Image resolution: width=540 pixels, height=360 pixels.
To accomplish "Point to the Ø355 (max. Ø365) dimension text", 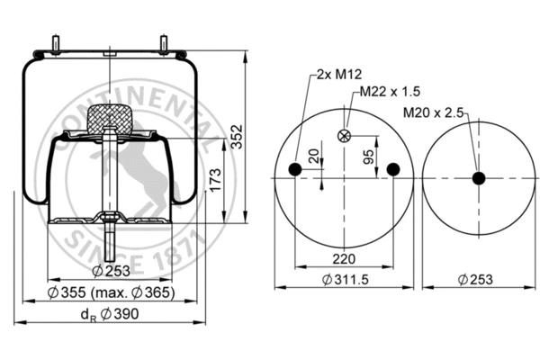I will tap(112, 293).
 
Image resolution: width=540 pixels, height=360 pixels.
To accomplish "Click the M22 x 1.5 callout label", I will tap(391, 92).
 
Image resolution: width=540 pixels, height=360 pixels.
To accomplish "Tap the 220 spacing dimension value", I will tap(344, 259).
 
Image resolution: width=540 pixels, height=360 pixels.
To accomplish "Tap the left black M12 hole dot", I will tap(293, 170).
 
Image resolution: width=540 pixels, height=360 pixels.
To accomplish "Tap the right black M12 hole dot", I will tap(391, 170).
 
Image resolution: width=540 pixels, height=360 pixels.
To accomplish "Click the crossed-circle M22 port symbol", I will tap(342, 135).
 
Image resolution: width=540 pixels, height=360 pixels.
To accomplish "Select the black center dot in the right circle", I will tap(478, 178).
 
